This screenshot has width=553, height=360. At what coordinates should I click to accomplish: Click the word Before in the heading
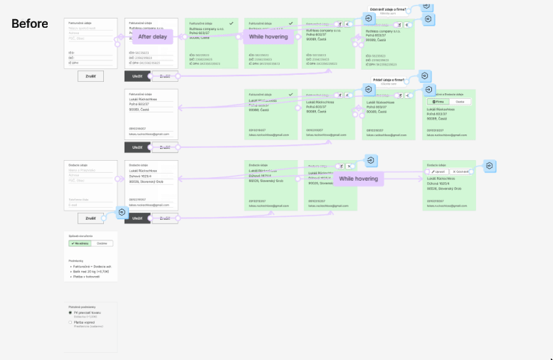coord(30,23)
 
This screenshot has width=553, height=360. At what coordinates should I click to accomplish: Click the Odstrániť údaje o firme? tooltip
coord(389,9)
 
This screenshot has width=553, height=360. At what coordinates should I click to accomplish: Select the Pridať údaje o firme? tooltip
coord(388,80)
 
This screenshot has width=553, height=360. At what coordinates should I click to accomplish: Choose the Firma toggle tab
coord(438,102)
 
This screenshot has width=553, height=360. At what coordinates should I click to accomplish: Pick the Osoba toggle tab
coord(460,102)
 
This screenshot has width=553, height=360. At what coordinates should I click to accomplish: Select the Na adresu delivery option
coord(80,243)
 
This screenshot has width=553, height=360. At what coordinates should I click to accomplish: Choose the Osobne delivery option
coord(102,243)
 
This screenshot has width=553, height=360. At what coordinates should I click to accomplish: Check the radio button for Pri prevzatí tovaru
coord(70,312)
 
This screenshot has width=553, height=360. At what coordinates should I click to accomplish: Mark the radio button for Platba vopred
coord(70,322)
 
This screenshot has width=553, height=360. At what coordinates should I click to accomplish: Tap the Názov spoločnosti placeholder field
coord(84,28)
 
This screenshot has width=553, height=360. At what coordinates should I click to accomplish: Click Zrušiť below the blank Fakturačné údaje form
coord(90,76)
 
